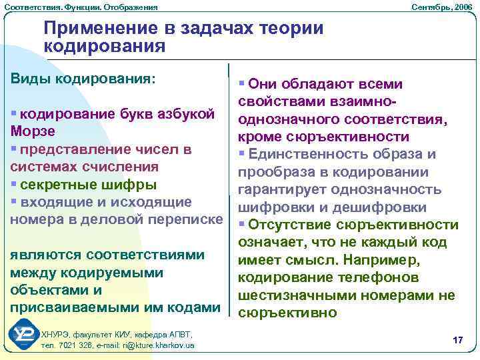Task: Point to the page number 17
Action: [x=457, y=341]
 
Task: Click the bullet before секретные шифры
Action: [x=14, y=185]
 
